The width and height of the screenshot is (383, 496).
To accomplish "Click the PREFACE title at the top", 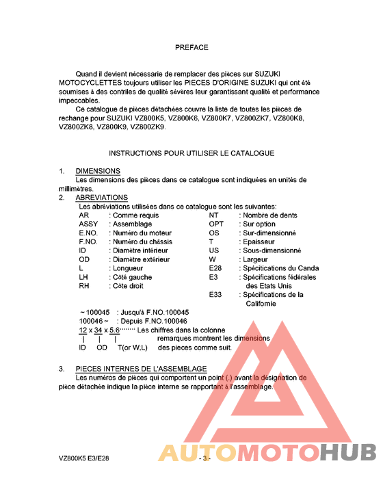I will pos(191,48).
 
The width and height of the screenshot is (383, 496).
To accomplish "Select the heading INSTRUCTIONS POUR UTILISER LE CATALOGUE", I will pos(191,153).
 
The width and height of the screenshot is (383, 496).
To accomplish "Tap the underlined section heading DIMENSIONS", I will pos(98,171).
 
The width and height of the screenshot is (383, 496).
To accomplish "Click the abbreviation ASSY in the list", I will pos(89,224).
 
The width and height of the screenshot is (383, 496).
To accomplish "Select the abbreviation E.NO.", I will pos(90,233).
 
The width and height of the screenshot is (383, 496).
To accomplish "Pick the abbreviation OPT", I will pos(216,224).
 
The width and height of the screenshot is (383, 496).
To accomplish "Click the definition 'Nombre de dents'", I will pos(270,215).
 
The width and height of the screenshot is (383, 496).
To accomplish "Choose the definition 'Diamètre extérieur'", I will pos(140,259).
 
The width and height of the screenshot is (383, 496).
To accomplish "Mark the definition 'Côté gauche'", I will pos(132,277).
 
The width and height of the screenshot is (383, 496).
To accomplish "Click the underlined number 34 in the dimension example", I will pos(98,330).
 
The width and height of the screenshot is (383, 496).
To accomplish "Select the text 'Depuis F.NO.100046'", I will pos(152,321).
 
